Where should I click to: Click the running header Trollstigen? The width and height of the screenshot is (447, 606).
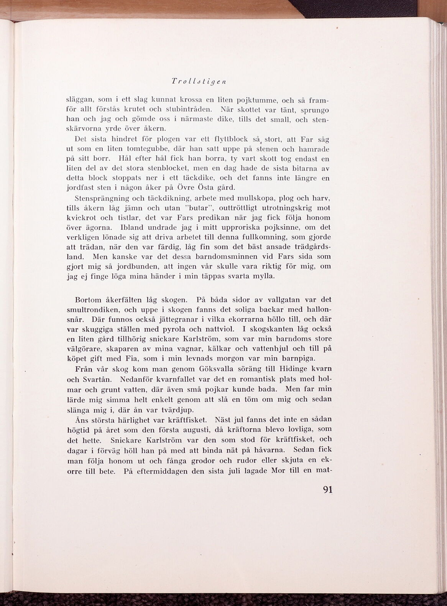click(x=199, y=81)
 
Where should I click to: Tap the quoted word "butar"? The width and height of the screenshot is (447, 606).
click(x=199, y=208)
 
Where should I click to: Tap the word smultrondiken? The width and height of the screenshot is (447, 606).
click(x=89, y=310)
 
